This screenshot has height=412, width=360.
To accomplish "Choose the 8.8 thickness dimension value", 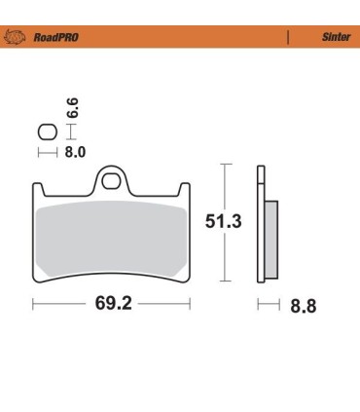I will [x=303, y=306].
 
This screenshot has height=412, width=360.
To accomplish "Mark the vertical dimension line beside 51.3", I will [x=227, y=223].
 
